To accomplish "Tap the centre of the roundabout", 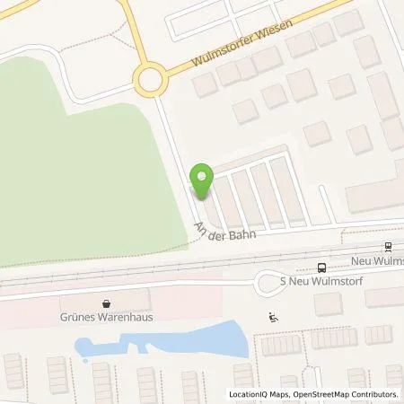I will click(x=150, y=82).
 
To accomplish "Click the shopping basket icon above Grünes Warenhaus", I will click(x=107, y=303).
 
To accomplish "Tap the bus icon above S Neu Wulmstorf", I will click(x=321, y=267).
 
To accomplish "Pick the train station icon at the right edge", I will click(x=388, y=247).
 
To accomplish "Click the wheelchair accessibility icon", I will click(x=274, y=315).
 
